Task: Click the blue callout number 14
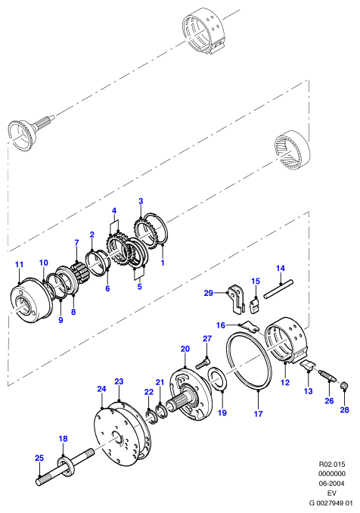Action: (281, 269)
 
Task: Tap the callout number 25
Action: (39, 458)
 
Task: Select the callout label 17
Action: (259, 414)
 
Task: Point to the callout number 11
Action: (20, 264)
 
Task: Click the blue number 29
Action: (208, 293)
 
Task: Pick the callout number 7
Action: (76, 243)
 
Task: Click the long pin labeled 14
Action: (278, 288)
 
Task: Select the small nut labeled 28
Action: (343, 386)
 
